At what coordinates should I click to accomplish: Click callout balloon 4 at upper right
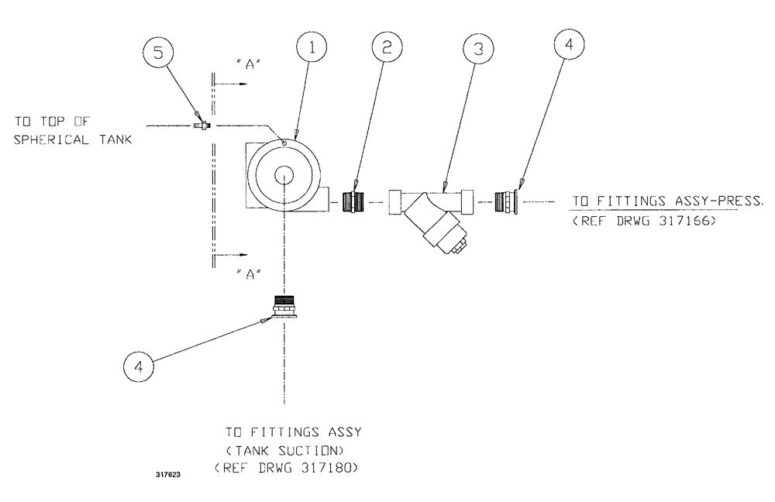(x=569, y=45)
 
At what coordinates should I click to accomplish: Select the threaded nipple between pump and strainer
(x=354, y=202)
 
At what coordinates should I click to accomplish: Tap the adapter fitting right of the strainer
(x=508, y=202)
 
